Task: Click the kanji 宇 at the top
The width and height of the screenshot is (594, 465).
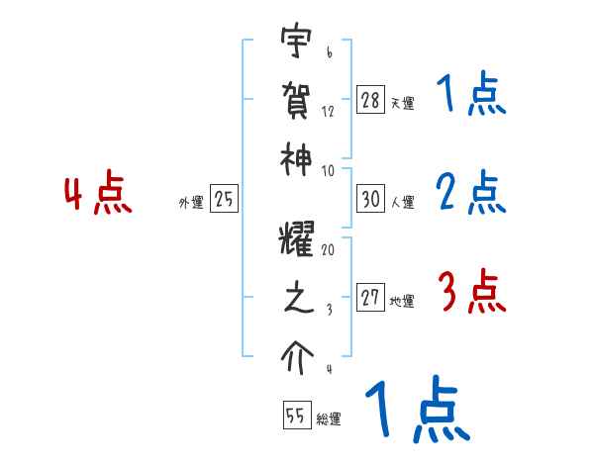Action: [x=293, y=45]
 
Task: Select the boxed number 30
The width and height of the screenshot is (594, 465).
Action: [x=371, y=199]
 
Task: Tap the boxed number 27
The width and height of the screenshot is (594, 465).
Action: [x=371, y=299]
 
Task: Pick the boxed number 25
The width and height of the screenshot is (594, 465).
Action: [x=224, y=200]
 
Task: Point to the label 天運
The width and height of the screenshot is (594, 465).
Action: [x=402, y=103]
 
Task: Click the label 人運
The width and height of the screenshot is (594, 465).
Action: [x=402, y=202]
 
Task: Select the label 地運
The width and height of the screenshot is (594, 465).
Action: [x=402, y=302]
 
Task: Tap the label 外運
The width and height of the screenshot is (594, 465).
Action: [x=191, y=203]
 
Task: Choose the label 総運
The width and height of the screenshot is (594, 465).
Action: [x=329, y=418]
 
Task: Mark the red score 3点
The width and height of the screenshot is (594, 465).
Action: [x=471, y=293]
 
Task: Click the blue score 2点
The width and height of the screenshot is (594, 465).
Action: [x=471, y=193]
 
